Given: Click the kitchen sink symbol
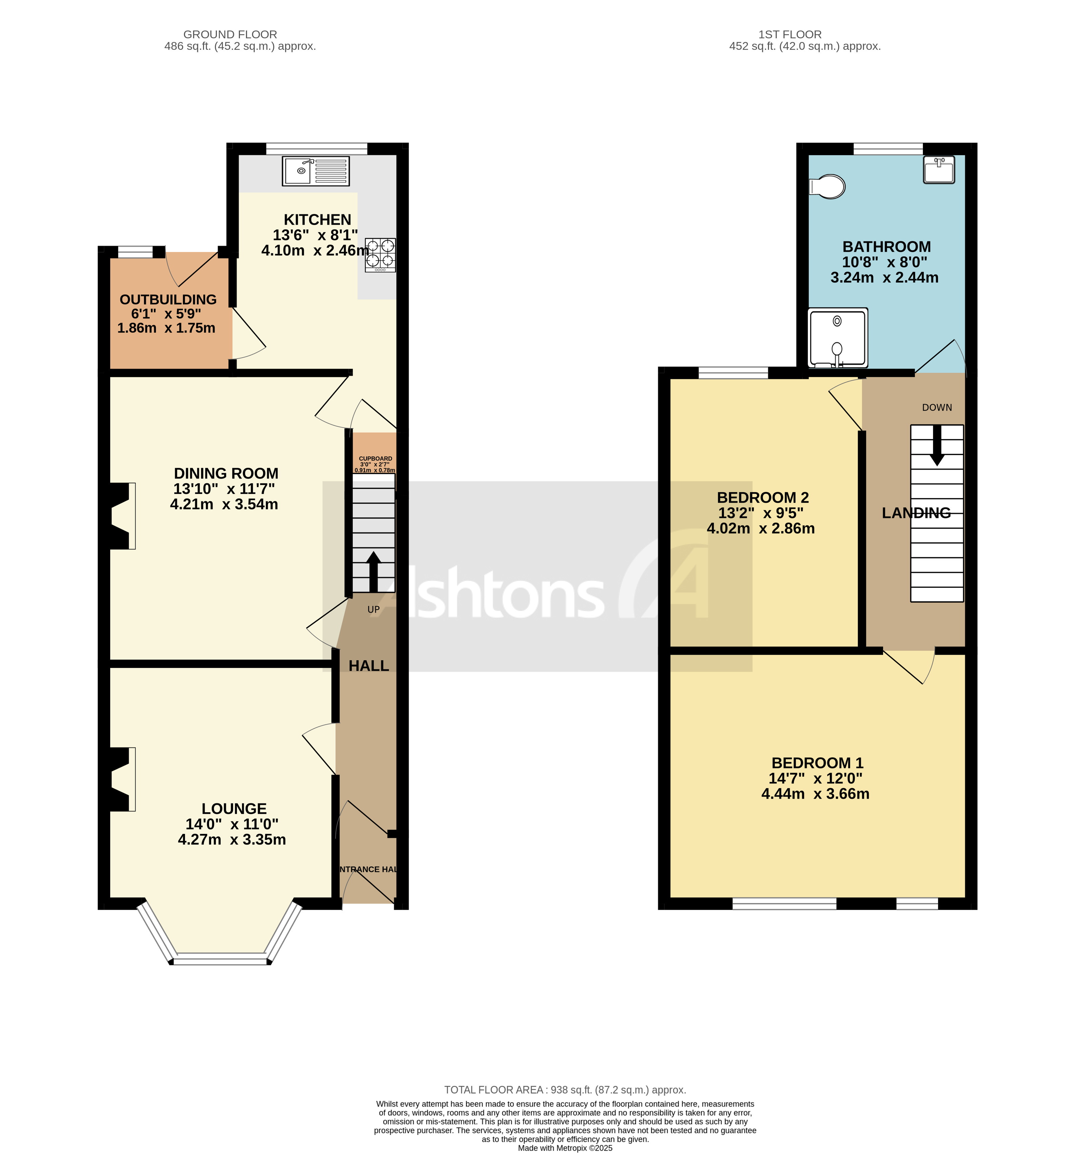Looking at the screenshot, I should [316, 171].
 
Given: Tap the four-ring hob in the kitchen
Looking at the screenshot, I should [380, 255].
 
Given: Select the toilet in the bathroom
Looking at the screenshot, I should [828, 187].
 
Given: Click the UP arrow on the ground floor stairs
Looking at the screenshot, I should [373, 571].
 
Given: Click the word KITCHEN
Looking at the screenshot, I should [317, 220].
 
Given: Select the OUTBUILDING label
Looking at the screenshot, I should [168, 299].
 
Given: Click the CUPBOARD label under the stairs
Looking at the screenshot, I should [376, 459].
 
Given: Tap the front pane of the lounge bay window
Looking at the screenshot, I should [220, 961].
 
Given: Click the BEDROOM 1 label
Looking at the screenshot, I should [817, 763].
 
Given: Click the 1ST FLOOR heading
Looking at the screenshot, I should [790, 34].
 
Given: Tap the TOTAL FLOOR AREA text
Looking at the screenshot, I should [565, 1090].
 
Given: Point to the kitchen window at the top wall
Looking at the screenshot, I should [317, 148].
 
